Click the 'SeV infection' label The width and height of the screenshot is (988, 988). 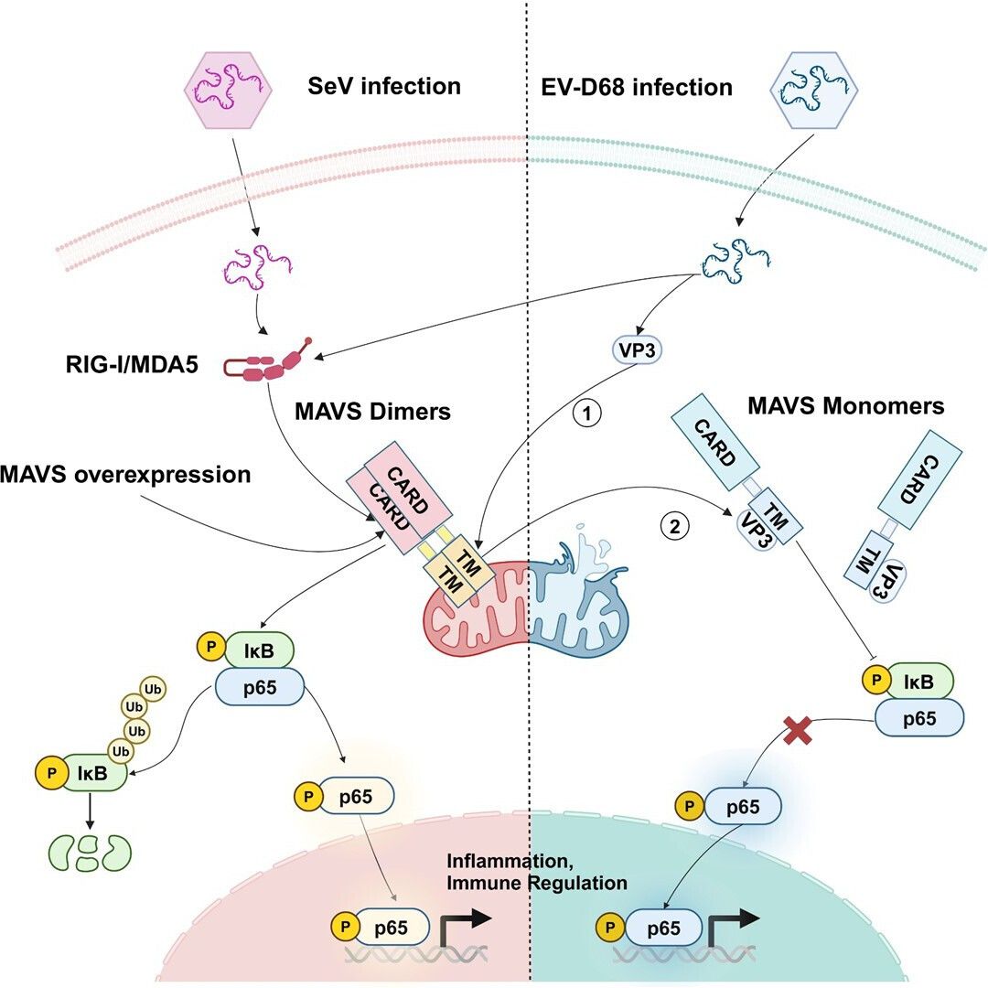pos(382,88)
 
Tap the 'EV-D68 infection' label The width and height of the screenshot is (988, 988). pos(630,88)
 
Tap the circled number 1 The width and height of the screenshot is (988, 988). pos(586,413)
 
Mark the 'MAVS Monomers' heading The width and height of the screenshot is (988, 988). pos(846,404)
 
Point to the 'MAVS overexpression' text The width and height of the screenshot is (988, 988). pos(126,475)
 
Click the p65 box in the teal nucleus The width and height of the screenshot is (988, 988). pos(664,929)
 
